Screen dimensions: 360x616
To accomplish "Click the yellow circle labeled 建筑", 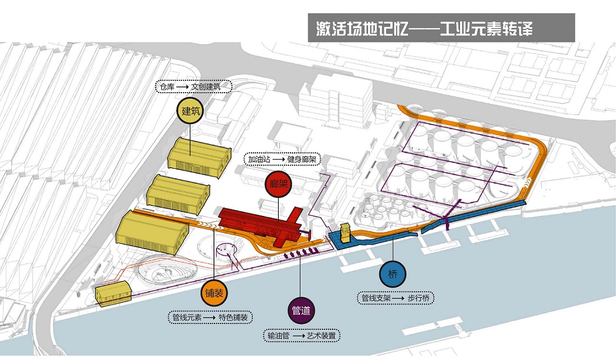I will pos(190,110).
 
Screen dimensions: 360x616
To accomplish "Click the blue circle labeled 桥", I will pos(393,274).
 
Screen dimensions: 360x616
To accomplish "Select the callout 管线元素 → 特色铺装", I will pos(210,317).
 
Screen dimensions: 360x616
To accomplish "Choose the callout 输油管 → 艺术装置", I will pos(302,335).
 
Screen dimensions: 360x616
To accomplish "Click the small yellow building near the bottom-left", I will pos(113,293).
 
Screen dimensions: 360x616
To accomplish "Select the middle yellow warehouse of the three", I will pos(178,190).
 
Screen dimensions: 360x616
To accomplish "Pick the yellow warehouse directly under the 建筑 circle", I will pos(199,156).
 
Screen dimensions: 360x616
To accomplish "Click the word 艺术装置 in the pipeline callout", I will pos(321,335).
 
